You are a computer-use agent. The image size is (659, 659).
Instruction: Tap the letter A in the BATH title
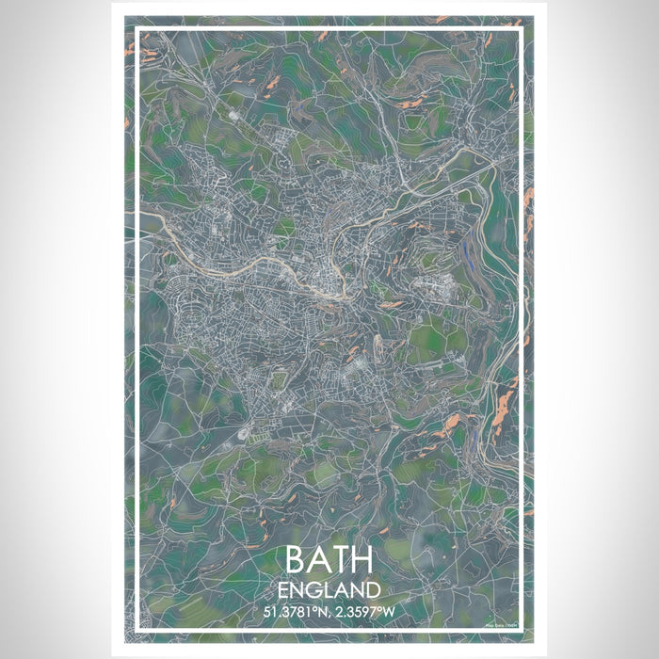click(x=319, y=561)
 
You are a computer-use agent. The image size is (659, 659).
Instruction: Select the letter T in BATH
click(x=341, y=561)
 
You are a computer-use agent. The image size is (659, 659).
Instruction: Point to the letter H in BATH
click(x=364, y=561)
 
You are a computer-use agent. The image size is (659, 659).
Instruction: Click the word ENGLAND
click(x=329, y=591)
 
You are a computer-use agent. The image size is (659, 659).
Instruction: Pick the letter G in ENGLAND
click(x=314, y=591)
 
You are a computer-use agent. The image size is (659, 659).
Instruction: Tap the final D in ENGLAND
click(x=374, y=591)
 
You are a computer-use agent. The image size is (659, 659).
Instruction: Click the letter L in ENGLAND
click(x=329, y=591)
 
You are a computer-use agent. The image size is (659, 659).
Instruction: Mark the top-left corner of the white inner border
click(x=138, y=29)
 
